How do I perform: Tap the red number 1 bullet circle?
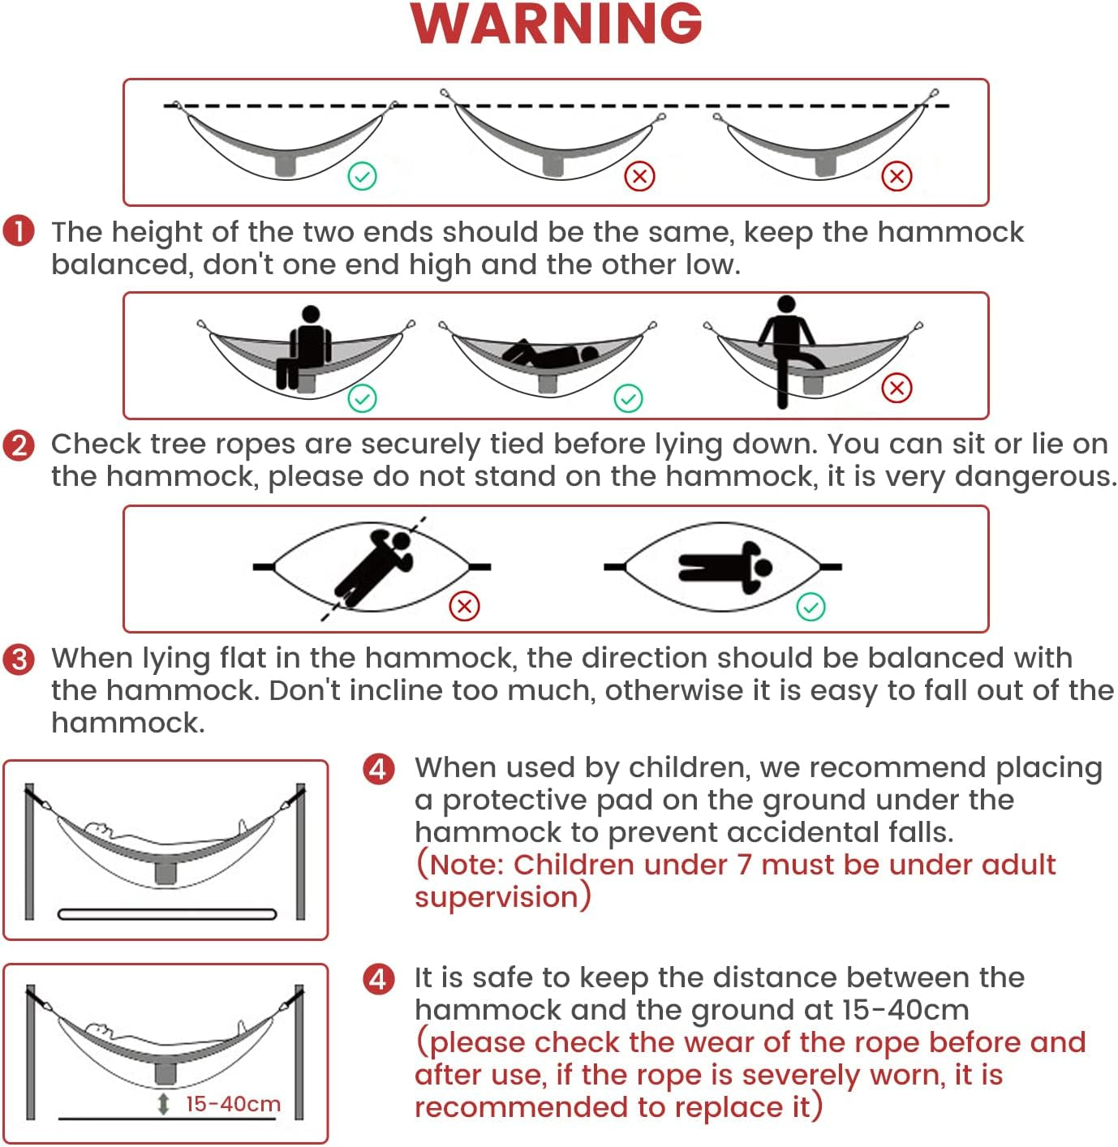19,231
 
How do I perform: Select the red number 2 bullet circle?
19,445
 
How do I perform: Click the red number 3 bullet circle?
19,659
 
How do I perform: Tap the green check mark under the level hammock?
362,176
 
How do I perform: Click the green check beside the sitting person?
362,398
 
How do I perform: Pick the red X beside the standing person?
897,388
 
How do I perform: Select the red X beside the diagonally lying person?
464,606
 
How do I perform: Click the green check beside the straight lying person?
811,607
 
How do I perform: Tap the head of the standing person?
786,304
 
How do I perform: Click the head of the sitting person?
311,314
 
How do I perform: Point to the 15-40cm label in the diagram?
233,1104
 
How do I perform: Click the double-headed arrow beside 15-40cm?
163,1104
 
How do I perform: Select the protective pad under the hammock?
167,914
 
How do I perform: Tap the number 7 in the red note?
744,865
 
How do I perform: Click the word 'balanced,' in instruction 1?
122,264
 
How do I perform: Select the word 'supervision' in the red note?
497,897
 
